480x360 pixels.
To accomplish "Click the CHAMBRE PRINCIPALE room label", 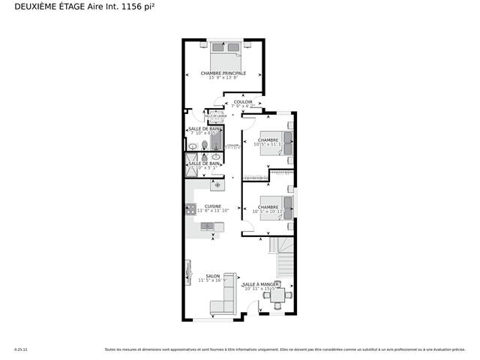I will click(223, 73).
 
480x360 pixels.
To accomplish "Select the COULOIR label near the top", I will click(243, 102).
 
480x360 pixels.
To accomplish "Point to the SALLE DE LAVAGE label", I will click(216, 116).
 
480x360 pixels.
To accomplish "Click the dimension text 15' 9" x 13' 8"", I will click(223, 78).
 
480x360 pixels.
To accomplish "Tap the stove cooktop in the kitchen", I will click(190, 210).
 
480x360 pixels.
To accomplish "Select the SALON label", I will click(212, 276).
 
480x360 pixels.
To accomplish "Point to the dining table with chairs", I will click(277, 296).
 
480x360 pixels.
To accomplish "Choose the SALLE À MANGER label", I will click(260, 284).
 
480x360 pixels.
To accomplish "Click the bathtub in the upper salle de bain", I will click(217, 139).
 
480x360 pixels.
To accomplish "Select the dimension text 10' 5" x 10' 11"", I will click(268, 211).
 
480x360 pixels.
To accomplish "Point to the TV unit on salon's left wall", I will click(187, 273).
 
